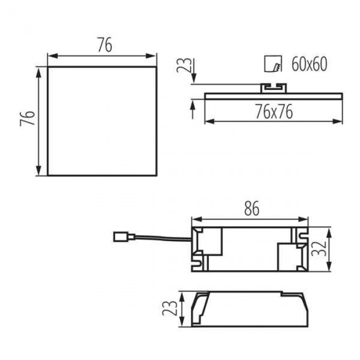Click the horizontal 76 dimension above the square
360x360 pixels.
click(x=105, y=45)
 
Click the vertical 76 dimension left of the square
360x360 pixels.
click(x=27, y=118)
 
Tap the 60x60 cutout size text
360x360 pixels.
click(x=309, y=64)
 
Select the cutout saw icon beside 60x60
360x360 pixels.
click(x=273, y=64)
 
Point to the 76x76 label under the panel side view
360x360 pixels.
click(x=274, y=112)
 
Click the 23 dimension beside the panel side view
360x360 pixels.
click(x=184, y=65)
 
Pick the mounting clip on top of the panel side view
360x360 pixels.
click(x=274, y=88)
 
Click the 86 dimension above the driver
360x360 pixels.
click(x=252, y=208)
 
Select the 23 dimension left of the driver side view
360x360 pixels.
click(x=170, y=308)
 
